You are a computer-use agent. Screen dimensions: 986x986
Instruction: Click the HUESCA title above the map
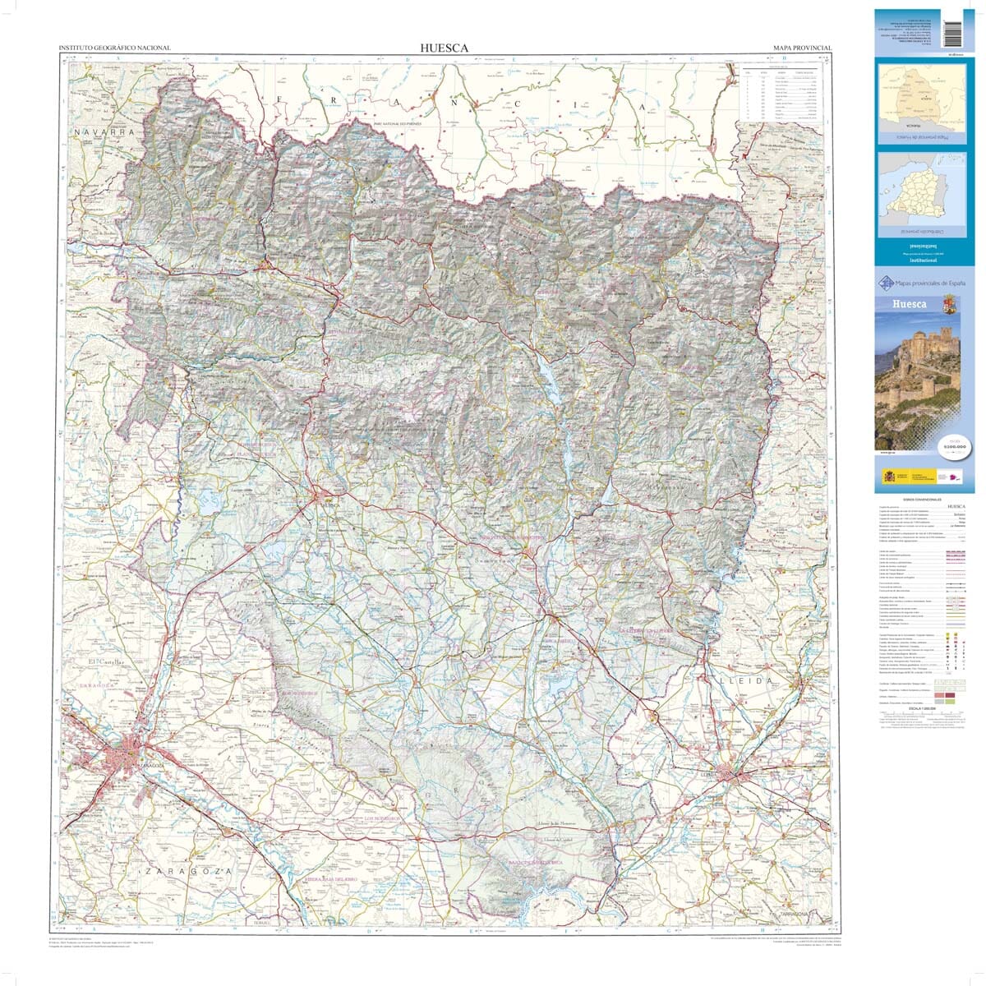pyautogui.click(x=444, y=48)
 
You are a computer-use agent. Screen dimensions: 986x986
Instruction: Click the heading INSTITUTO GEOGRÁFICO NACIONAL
pyautogui.click(x=115, y=48)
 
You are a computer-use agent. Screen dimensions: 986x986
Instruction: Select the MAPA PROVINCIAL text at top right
pyautogui.click(x=803, y=48)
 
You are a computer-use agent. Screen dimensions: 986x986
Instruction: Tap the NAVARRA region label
pyautogui.click(x=102, y=131)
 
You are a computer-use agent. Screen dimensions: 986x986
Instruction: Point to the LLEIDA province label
pyautogui.click(x=745, y=681)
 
